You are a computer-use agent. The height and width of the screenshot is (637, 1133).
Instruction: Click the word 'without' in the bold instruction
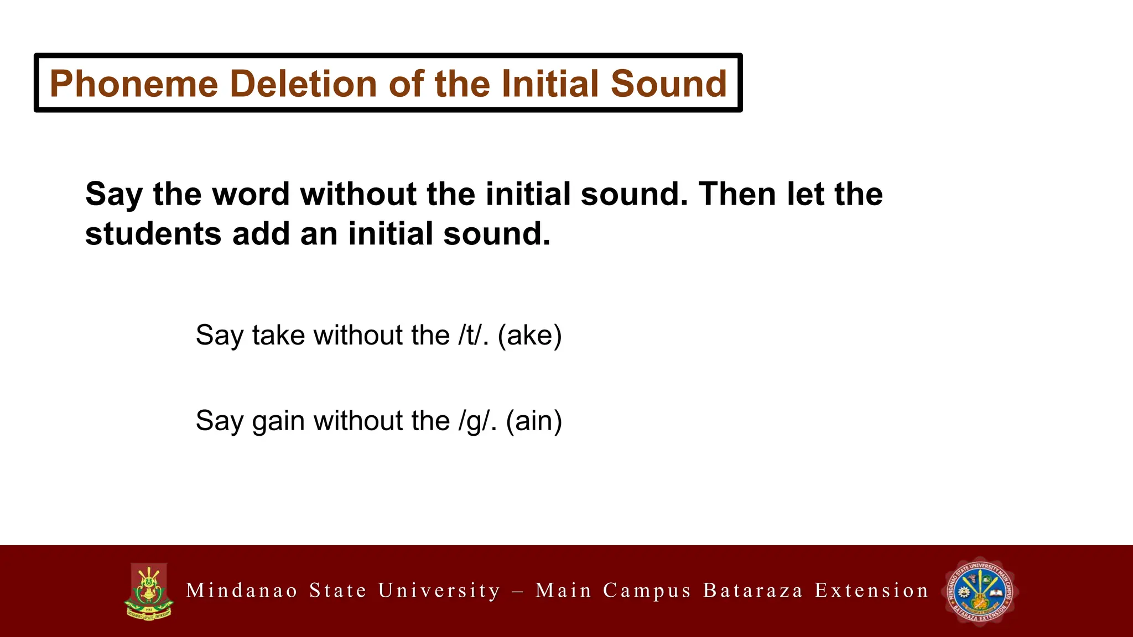358,194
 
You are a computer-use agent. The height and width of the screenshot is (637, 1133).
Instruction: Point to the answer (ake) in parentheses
529,335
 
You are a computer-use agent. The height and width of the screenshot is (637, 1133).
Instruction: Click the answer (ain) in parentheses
534,421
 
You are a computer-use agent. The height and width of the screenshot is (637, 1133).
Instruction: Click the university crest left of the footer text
148,591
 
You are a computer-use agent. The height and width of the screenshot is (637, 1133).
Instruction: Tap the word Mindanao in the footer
242,591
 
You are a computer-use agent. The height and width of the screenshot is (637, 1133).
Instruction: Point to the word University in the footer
439,591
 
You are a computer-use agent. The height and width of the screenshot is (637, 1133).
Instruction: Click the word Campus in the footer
647,591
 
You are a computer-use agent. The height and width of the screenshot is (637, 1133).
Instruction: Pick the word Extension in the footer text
871,591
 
